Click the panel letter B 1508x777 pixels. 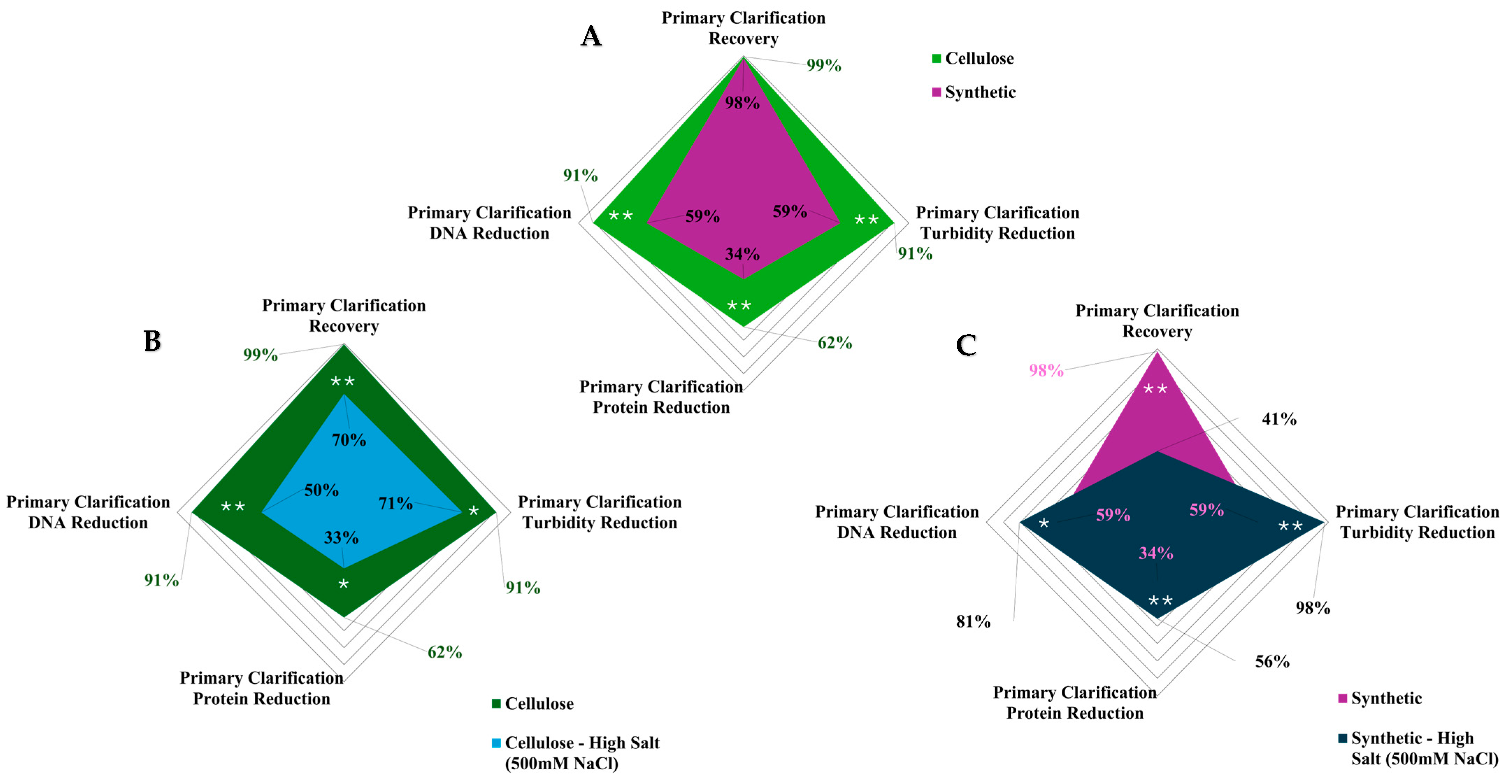click(x=152, y=341)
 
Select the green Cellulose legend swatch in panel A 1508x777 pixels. click(x=936, y=58)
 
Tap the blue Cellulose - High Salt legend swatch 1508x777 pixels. click(x=496, y=743)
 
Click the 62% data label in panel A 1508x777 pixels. click(x=835, y=343)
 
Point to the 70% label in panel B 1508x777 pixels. click(x=349, y=440)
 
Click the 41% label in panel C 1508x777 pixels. click(x=1279, y=419)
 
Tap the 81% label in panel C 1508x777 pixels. click(x=973, y=622)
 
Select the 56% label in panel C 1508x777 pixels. click(x=1272, y=662)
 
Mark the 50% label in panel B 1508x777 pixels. click(x=322, y=490)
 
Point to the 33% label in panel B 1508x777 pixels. click(x=341, y=537)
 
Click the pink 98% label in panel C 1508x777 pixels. click(x=1046, y=370)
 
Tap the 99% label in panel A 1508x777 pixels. click(x=824, y=66)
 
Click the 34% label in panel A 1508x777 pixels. click(x=742, y=254)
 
